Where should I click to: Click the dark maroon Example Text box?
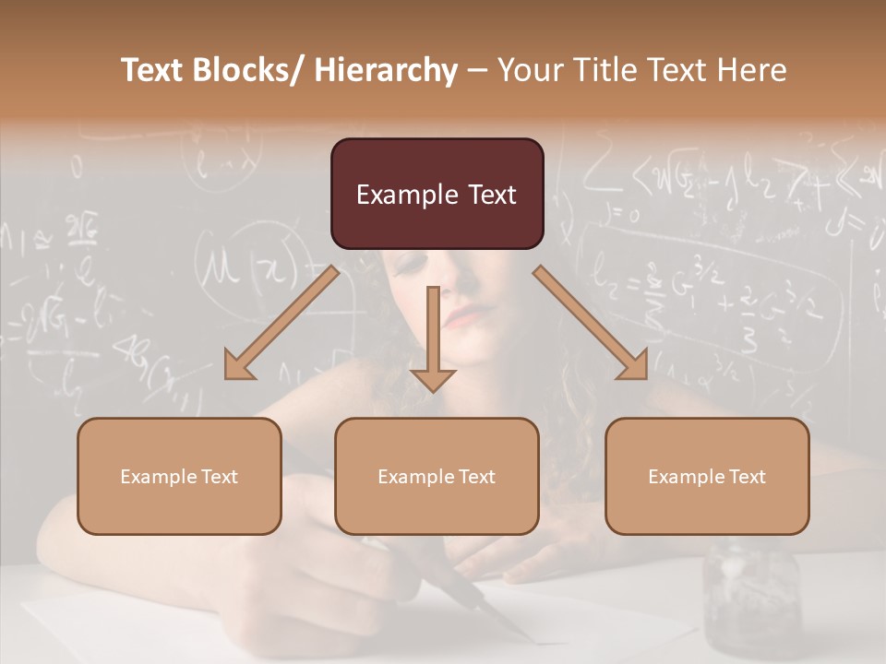[x=437, y=194]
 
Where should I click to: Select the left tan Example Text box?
[x=179, y=476]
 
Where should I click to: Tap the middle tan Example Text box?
[x=437, y=476]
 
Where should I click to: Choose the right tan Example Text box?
[x=707, y=476]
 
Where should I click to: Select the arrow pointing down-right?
[x=592, y=324]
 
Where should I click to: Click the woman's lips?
[x=466, y=316]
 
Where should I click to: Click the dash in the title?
[x=477, y=71]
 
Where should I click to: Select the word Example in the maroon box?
[x=395, y=195]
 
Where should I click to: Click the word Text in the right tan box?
[x=747, y=476]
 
